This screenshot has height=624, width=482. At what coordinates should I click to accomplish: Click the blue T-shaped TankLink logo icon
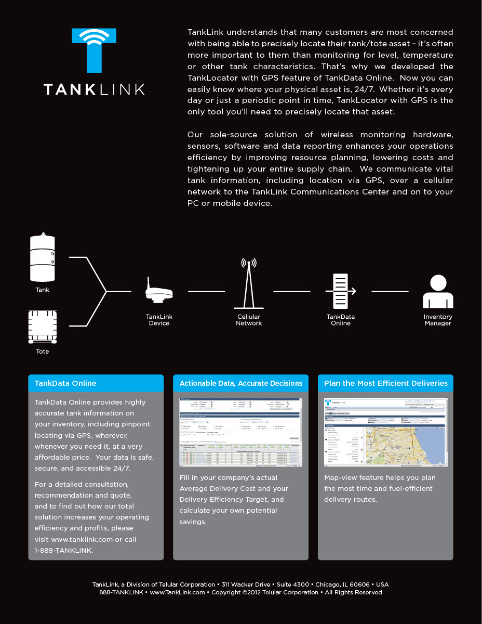pos(94,49)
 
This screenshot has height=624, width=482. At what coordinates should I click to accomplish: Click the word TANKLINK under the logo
pos(94,89)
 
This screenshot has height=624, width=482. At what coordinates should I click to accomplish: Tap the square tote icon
pos(43,326)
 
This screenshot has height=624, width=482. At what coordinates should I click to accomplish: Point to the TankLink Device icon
pos(158,291)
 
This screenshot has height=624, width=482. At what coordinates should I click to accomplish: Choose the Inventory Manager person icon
pos(437,292)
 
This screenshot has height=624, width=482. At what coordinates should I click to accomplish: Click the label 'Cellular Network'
pos(249,320)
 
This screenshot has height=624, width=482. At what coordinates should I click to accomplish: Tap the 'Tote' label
pos(43,352)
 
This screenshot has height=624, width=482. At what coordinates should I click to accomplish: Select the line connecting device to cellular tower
pos(206,291)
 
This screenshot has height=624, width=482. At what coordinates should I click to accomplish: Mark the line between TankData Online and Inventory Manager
pos(390,291)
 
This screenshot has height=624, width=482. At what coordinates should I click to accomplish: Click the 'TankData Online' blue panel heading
pos(65,383)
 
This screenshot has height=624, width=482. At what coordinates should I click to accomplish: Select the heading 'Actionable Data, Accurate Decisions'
pos(240,383)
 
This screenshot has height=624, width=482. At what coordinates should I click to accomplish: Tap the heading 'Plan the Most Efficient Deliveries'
pos(385,383)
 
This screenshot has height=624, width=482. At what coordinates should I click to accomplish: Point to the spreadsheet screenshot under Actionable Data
pos(240,432)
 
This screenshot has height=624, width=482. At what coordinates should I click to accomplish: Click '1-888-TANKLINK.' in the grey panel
pos(64,550)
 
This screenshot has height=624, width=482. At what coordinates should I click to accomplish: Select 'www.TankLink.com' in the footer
pos(177,592)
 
